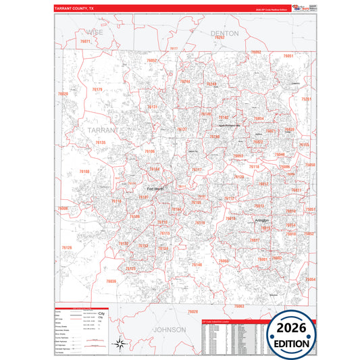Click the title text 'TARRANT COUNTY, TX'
pyautogui.click(x=76, y=9)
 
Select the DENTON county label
pyautogui.click(x=225, y=32)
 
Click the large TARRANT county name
pyautogui.click(x=102, y=128)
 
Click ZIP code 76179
pyautogui.click(x=97, y=89)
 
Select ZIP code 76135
pyautogui.click(x=101, y=143)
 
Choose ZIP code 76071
pyautogui.click(x=85, y=42)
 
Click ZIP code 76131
pyautogui.click(x=153, y=107)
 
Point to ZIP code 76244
pyautogui.click(x=186, y=82)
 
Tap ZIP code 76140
pyautogui.click(x=197, y=265)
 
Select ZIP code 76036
pyautogui.click(x=111, y=281)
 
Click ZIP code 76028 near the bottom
pyautogui.click(x=193, y=311)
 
